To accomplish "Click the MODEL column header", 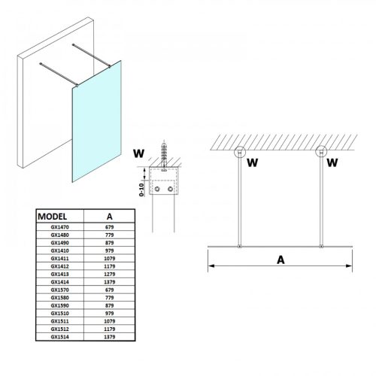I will pyautogui.click(x=55, y=214).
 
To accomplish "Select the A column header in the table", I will pyautogui.click(x=111, y=214).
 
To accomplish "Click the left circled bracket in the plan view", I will pyautogui.click(x=241, y=153).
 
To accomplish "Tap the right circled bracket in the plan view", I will pyautogui.click(x=323, y=153).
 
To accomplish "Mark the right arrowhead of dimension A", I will pyautogui.click(x=350, y=265).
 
